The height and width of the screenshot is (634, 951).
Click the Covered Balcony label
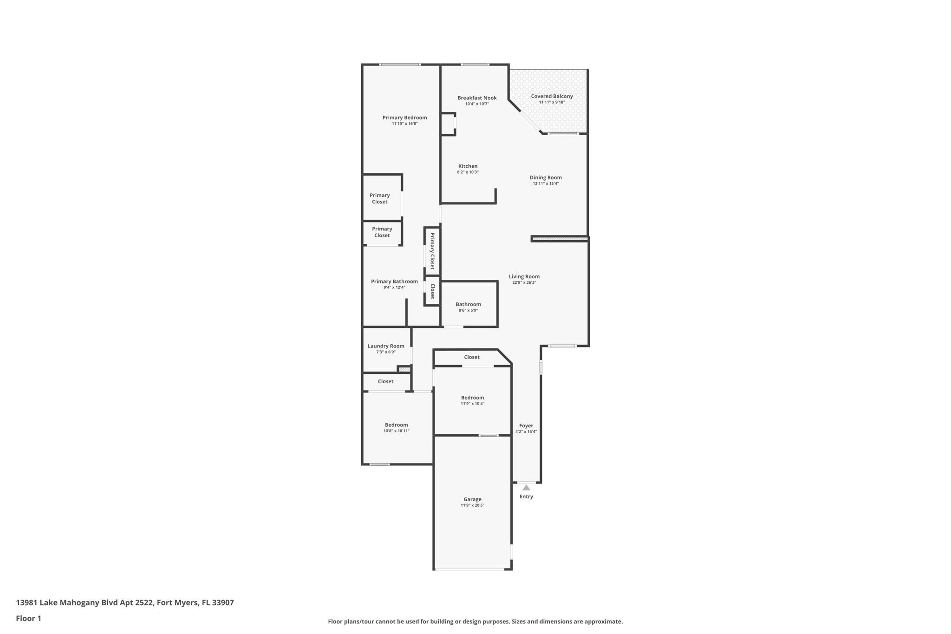[552, 96]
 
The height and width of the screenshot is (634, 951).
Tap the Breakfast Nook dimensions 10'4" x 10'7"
[477, 104]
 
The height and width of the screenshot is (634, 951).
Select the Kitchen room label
[468, 166]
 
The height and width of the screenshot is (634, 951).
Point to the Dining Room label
[546, 177]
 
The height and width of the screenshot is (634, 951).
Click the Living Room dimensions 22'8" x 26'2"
[524, 282]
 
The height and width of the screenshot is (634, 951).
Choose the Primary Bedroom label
[404, 118]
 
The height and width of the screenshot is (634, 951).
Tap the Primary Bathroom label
[394, 281]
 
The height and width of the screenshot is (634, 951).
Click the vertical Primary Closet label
[432, 251]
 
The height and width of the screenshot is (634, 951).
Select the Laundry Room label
[386, 346]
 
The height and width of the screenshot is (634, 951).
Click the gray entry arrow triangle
[526, 488]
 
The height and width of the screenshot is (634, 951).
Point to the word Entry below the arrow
[526, 497]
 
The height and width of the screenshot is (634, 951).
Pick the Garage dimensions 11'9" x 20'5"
[472, 505]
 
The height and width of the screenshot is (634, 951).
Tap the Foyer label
[526, 425]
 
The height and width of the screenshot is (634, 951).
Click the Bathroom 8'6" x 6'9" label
[468, 304]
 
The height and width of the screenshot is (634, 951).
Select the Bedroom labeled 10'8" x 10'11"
[396, 425]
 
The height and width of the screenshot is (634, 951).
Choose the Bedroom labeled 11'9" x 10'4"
[472, 398]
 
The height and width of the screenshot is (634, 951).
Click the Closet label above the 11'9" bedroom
[472, 357]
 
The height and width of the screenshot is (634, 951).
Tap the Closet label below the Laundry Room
[385, 381]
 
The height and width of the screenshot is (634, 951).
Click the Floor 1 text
[28, 618]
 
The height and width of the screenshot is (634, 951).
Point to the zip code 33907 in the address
[223, 602]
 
